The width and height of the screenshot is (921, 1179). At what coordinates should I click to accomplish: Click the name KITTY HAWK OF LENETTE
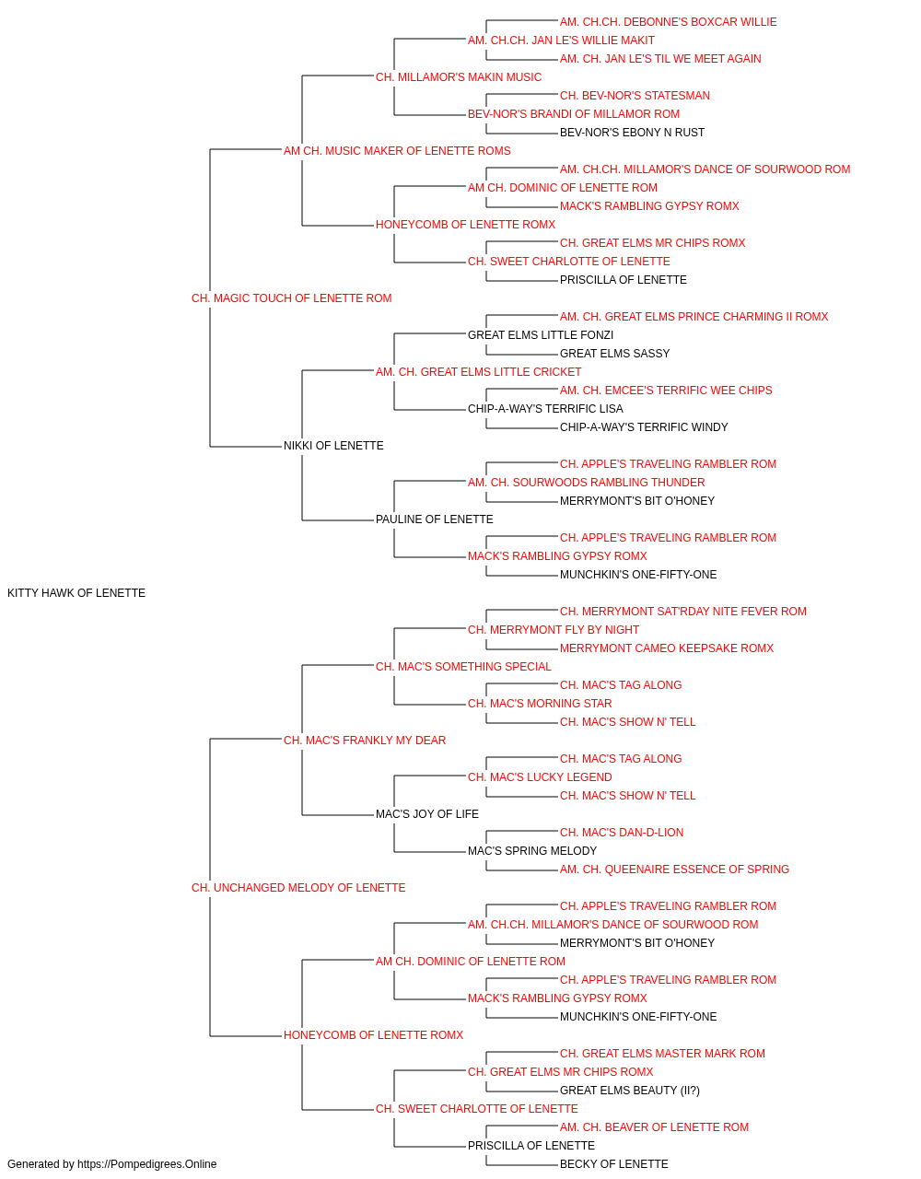pyautogui.click(x=76, y=593)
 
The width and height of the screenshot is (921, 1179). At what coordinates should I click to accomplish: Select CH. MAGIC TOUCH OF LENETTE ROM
pyautogui.click(x=291, y=298)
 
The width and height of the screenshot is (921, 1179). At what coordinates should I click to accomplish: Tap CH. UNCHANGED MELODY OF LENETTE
pyautogui.click(x=298, y=888)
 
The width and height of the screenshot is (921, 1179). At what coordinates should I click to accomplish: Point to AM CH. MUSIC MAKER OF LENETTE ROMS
pyautogui.click(x=397, y=151)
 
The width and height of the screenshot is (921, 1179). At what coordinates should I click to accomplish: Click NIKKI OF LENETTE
pyautogui.click(x=333, y=446)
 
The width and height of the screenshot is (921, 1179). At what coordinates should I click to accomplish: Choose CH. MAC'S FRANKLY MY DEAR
pyautogui.click(x=365, y=740)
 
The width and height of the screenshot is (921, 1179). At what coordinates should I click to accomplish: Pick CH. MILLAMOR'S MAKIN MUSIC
pyautogui.click(x=459, y=77)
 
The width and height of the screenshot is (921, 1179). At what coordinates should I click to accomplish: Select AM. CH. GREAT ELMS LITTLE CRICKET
pyautogui.click(x=478, y=371)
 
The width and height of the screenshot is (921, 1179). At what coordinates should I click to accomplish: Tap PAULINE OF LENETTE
pyautogui.click(x=435, y=519)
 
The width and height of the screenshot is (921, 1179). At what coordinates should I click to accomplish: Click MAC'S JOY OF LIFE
pyautogui.click(x=427, y=814)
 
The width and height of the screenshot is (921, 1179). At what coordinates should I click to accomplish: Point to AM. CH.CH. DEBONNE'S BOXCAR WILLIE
pyautogui.click(x=669, y=22)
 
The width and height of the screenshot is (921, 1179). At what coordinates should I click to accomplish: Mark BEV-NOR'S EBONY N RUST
pyautogui.click(x=632, y=133)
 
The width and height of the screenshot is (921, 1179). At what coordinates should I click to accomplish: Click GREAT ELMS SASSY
pyautogui.click(x=614, y=353)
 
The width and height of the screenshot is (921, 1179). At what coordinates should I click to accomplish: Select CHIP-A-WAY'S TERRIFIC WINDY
pyautogui.click(x=644, y=427)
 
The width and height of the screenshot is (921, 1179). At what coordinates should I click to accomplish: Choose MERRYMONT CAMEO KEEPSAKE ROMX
pyautogui.click(x=667, y=648)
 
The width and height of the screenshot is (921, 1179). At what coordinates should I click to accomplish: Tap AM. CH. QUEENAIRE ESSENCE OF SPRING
pyautogui.click(x=674, y=870)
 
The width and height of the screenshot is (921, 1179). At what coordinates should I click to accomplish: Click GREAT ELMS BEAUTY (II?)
pyautogui.click(x=630, y=1090)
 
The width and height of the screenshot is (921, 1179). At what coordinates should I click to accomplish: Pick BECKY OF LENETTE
pyautogui.click(x=614, y=1164)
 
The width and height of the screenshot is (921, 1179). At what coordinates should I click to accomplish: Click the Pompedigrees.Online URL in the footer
pyautogui.click(x=146, y=1164)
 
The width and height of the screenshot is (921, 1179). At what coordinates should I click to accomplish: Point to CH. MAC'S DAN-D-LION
pyautogui.click(x=622, y=833)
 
